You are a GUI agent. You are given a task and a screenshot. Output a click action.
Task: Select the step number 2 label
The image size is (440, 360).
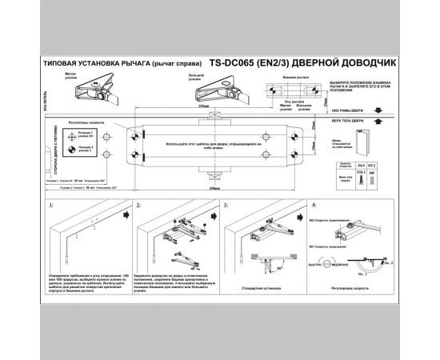coord(138,205)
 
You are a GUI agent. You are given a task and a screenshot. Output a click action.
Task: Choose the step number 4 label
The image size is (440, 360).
coord(316,205)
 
